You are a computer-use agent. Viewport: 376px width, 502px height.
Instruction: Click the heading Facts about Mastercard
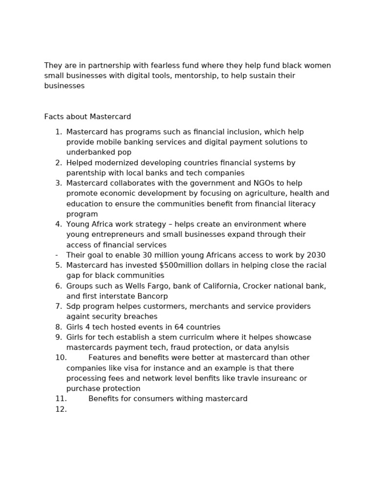88,117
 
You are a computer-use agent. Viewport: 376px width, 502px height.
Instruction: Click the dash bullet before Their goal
57,255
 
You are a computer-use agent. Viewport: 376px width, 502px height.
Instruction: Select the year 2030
316,255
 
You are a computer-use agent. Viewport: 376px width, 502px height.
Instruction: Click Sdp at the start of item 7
73,306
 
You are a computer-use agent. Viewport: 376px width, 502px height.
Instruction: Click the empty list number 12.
61,409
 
